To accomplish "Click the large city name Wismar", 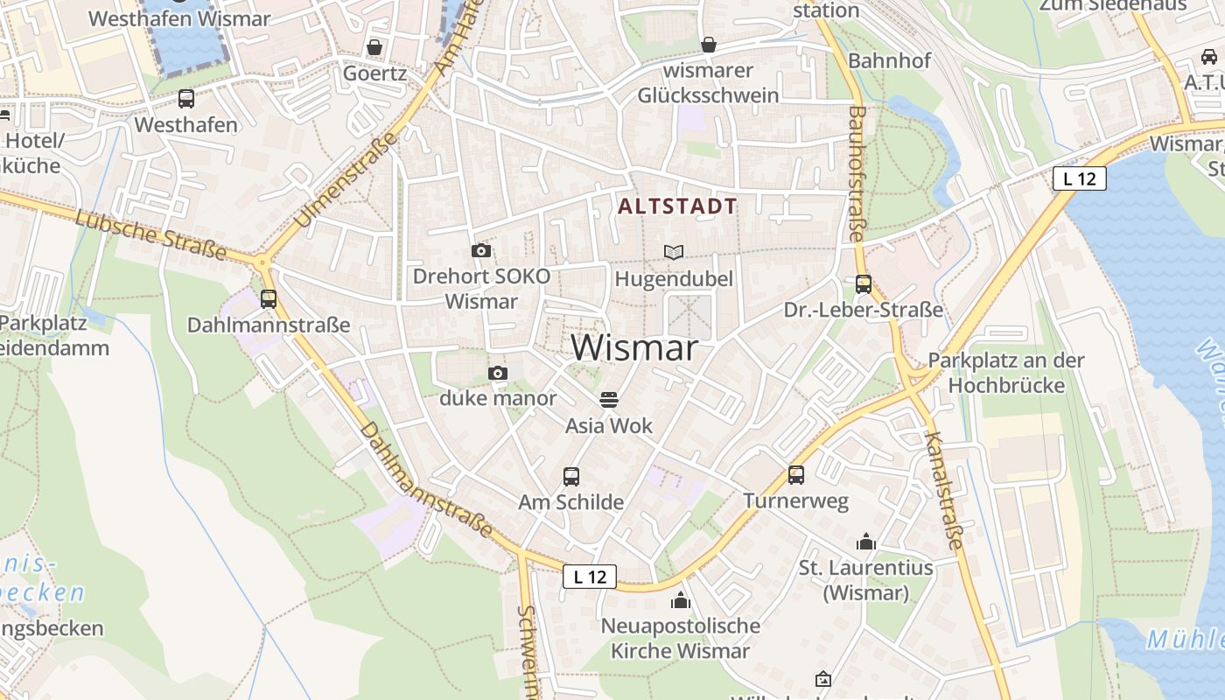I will pos(634,348).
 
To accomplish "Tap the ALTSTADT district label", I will pos(677,206).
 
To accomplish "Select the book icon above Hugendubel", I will pos(673,253).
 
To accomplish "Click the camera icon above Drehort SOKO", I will pos(480,251).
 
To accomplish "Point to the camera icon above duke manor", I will pos(497,374).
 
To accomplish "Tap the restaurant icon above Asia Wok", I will pos(609,400).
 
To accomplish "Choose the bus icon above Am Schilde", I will pos(570,477).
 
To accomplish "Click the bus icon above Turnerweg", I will pos(795,475).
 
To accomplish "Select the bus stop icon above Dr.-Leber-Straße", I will pos(863,284).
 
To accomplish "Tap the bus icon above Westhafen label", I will pos(185,99).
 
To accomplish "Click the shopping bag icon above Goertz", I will pos(374,47).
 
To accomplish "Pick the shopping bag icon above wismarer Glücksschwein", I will pos(708,45).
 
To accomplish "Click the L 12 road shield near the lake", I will pos(1079,178).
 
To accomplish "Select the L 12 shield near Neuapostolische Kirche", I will pos(590,577).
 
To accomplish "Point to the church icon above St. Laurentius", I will pos(866,542).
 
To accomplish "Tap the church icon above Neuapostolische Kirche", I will pos(680,600).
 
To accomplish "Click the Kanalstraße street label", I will pos(943,490).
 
